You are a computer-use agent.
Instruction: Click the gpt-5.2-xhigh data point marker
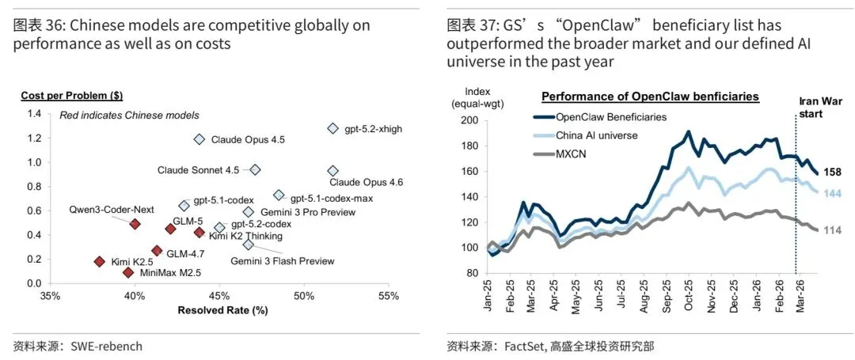pyautogui.click(x=332, y=128)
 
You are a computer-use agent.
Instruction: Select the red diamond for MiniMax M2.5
pyautogui.click(x=128, y=272)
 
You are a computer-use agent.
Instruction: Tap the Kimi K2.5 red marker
pyautogui.click(x=99, y=261)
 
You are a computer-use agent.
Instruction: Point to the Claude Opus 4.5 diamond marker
pyautogui.click(x=199, y=139)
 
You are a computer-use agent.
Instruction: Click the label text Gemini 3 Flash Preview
pyautogui.click(x=282, y=261)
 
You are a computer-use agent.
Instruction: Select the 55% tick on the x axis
pyautogui.click(x=388, y=297)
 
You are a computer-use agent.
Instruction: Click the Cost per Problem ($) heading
pyautogui.click(x=71, y=96)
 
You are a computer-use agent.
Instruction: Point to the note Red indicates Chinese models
pyautogui.click(x=129, y=116)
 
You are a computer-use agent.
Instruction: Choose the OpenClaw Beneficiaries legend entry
pyautogui.click(x=611, y=117)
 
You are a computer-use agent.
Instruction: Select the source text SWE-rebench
pyautogui.click(x=106, y=346)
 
